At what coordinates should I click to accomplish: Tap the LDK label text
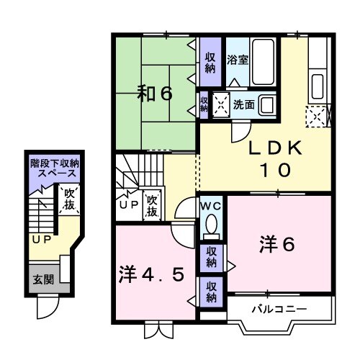pos(270,149)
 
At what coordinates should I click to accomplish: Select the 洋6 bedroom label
pos(277,245)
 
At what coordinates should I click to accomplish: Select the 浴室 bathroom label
pos(238,60)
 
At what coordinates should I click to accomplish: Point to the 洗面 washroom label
pos(243,104)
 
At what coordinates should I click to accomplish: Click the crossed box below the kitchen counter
pos(317,115)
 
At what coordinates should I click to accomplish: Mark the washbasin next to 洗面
pos(266,104)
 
